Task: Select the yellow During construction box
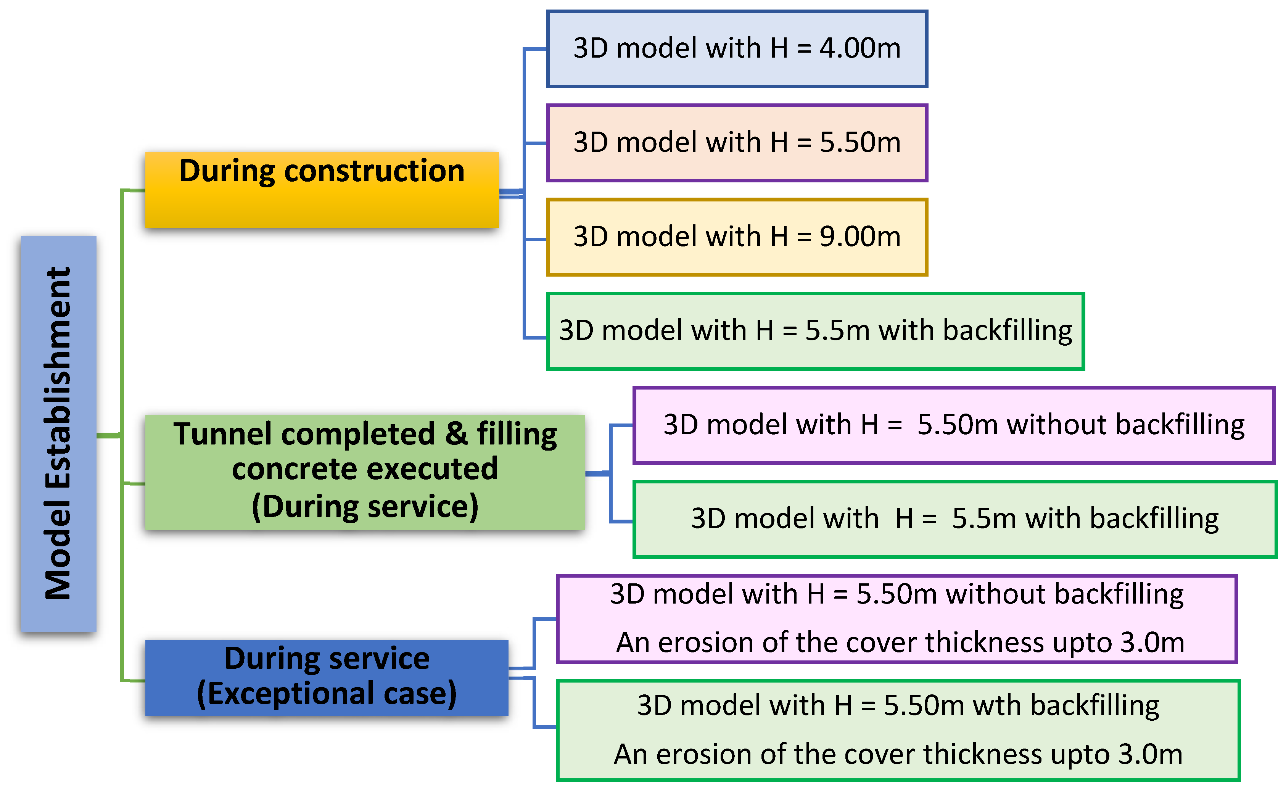coord(322,190)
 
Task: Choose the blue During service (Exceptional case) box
coord(327,677)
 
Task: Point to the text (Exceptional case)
coord(327,694)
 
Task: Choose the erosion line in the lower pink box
coord(900,642)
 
